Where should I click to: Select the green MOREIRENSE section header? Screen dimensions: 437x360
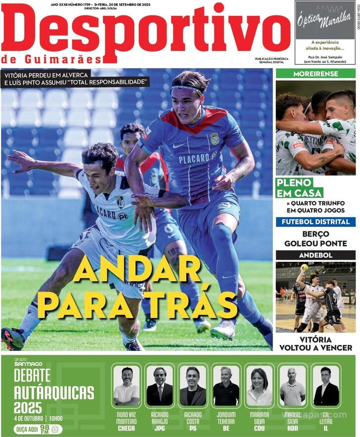click(315, 74)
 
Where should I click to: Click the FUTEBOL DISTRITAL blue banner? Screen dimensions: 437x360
click(315, 222)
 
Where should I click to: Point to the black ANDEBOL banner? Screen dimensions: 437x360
click(315, 255)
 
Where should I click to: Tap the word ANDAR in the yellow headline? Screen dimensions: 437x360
click(137, 270)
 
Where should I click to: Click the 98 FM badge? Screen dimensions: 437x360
click(45, 429)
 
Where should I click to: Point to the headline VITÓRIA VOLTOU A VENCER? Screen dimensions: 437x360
click(315, 343)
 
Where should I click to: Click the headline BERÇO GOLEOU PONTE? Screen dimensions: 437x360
click(315, 239)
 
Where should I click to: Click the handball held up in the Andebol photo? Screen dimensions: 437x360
click(304, 268)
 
